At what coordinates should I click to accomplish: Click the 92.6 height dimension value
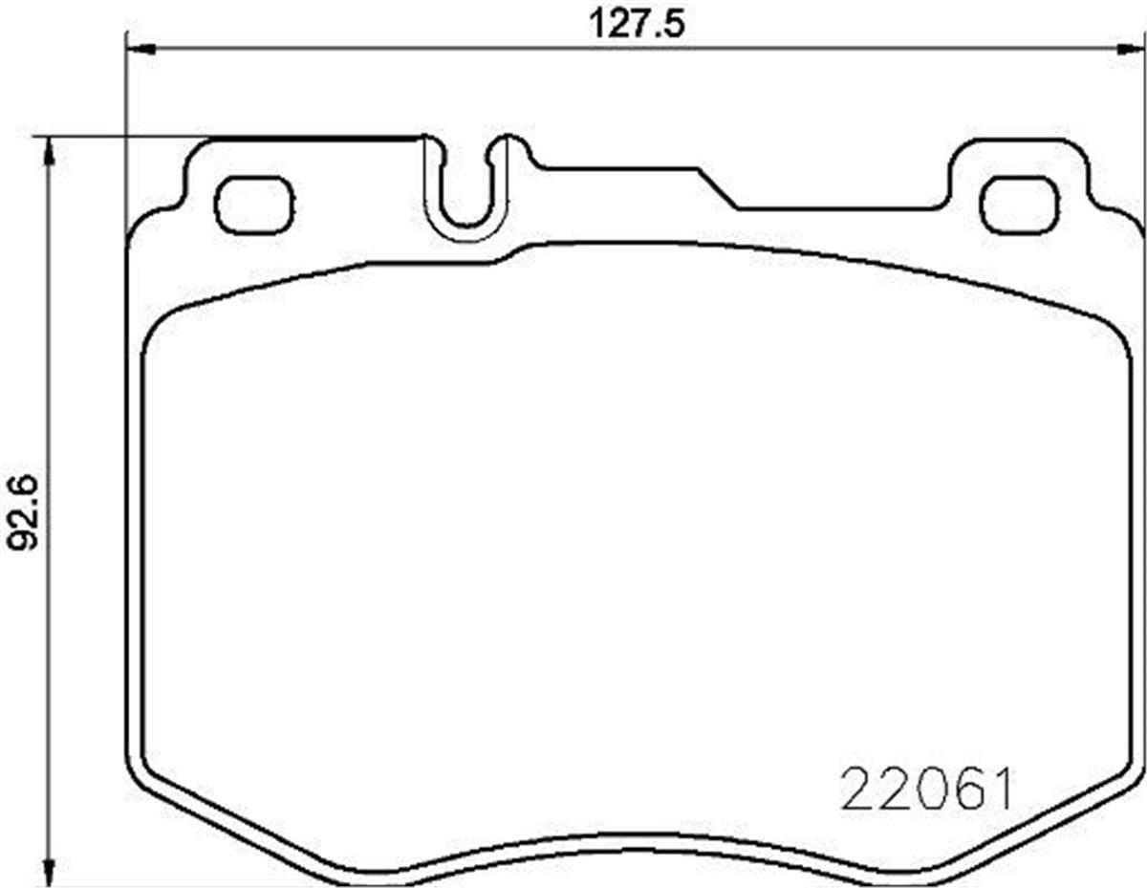(x=26, y=513)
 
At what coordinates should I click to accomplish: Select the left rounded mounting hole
(x=254, y=206)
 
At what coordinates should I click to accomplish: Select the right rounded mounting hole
(x=1019, y=206)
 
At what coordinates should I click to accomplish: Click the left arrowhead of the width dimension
(x=139, y=48)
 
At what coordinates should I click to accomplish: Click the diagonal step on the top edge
(x=717, y=187)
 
